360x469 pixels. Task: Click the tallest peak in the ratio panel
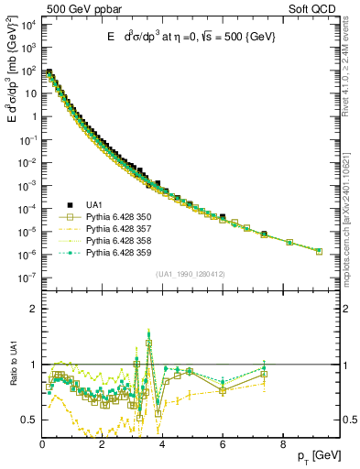pyautogui.click(x=148, y=334)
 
